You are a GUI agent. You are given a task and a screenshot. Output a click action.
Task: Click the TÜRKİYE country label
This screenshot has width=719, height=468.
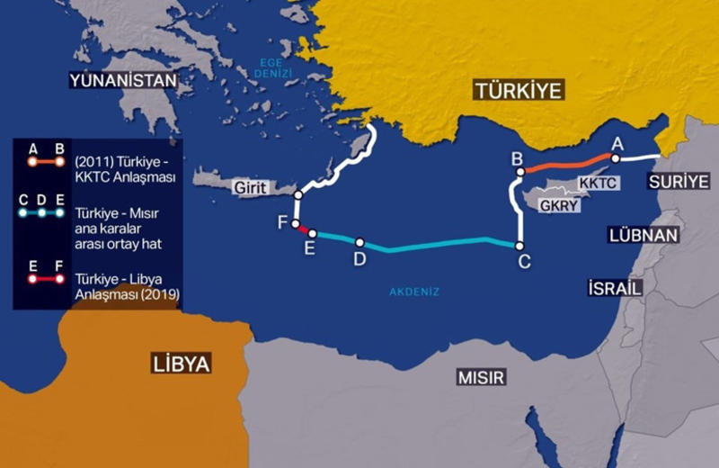(x=519, y=90)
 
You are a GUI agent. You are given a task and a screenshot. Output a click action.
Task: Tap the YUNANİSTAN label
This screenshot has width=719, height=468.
(x=122, y=82)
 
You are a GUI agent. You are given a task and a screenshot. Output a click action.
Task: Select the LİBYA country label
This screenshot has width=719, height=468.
(x=180, y=364)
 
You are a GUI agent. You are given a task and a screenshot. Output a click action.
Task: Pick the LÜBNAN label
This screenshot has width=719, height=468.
(x=643, y=236)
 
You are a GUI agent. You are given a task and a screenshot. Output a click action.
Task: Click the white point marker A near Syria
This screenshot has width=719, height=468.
(x=616, y=157)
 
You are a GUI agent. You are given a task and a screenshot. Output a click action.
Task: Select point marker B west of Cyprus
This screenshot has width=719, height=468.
(x=520, y=171)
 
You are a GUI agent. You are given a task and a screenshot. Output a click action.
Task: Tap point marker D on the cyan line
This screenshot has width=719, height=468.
(x=359, y=242)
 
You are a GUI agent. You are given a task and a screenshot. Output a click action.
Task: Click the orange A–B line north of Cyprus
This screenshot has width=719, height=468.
(x=566, y=163)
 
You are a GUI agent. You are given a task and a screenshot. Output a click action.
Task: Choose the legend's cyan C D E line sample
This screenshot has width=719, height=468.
(x=42, y=213)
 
